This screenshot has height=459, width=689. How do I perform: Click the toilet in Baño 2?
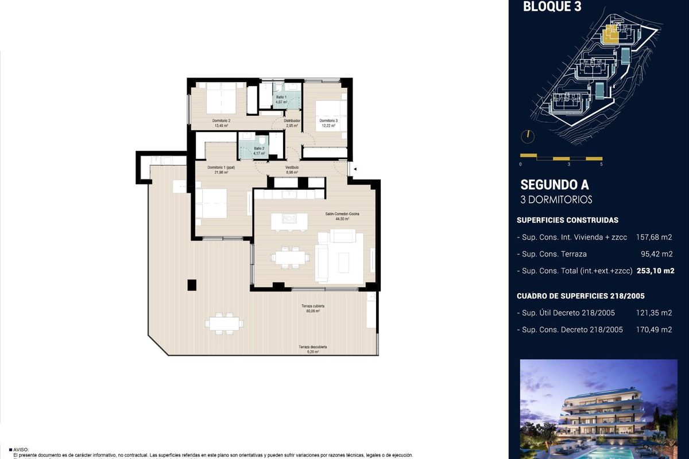click(262, 140)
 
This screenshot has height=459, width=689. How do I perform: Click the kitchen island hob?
click(289, 218)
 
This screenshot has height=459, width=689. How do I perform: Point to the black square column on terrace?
click(192, 284)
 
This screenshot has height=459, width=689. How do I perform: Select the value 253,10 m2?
click(655, 271)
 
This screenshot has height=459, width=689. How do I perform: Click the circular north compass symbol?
click(527, 136)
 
